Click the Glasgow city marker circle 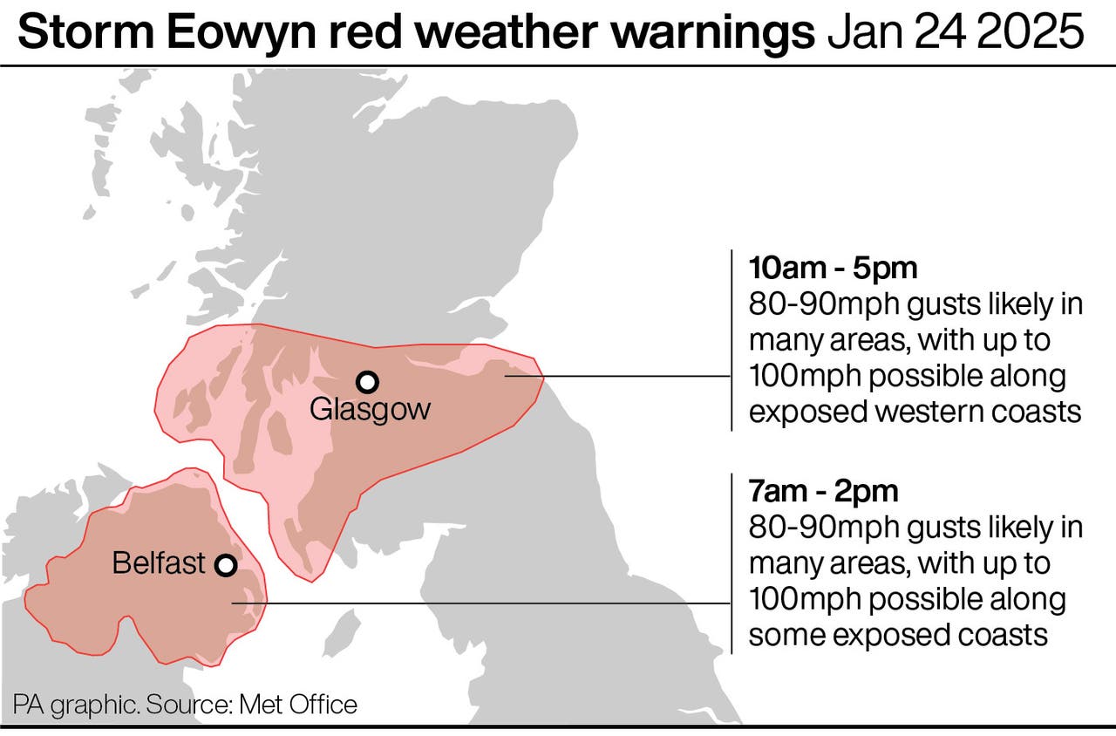point(368,381)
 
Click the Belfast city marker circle point(226,565)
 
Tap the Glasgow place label point(370,409)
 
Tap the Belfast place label point(159,563)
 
